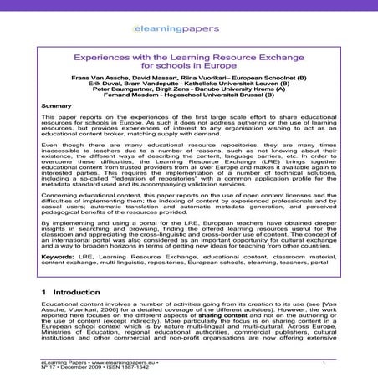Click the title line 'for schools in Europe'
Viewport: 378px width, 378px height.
click(x=188, y=86)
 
